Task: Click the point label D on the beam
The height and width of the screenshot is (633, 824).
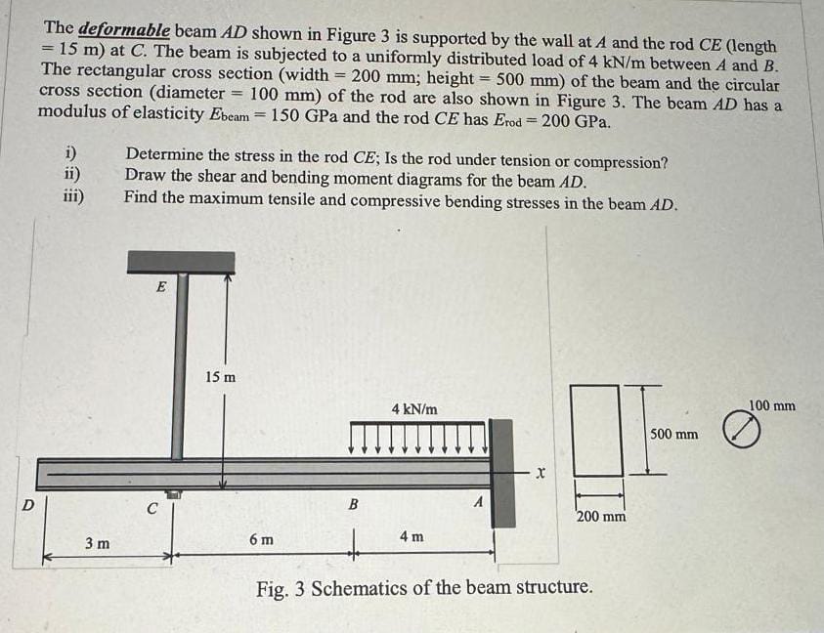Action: click(27, 504)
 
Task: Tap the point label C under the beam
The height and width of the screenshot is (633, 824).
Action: click(152, 509)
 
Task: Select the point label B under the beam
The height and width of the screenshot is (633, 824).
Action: click(355, 504)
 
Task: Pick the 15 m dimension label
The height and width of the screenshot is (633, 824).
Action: click(220, 376)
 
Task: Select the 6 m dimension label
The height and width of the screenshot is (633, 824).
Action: click(262, 539)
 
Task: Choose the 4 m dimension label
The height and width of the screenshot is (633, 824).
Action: click(412, 537)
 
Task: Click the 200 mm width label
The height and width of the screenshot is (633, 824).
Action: click(601, 515)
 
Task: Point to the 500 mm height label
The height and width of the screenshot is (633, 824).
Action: click(674, 433)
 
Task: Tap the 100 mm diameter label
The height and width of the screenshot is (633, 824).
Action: click(772, 404)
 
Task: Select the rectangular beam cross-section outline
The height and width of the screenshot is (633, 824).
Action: click(597, 429)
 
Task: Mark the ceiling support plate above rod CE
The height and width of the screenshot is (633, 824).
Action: click(181, 261)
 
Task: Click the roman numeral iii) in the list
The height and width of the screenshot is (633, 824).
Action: click(73, 196)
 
